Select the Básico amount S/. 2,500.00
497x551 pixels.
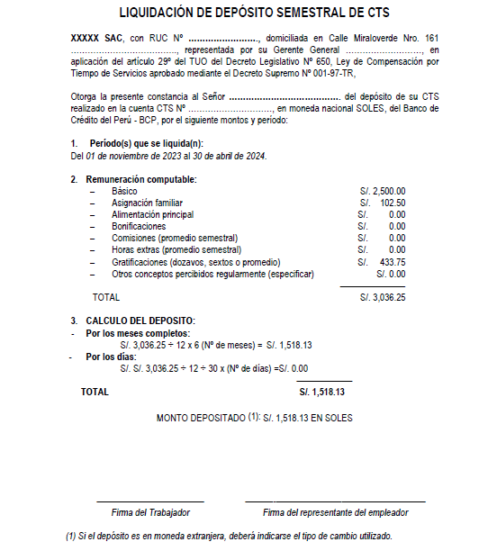click(382, 192)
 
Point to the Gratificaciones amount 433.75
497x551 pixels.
click(393, 262)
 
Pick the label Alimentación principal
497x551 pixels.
click(152, 215)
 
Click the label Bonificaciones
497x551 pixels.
click(140, 227)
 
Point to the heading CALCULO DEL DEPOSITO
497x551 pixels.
click(140, 321)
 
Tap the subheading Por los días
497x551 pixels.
click(111, 357)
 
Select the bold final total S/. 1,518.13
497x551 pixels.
click(321, 393)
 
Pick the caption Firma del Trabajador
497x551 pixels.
click(150, 512)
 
